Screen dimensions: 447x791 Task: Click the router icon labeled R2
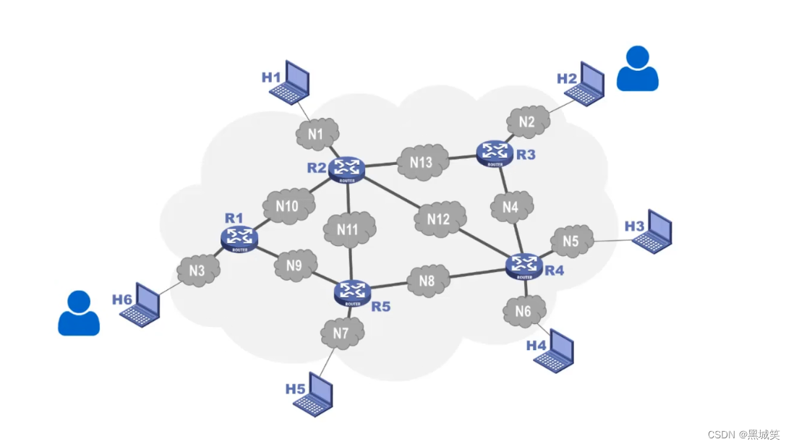click(x=346, y=168)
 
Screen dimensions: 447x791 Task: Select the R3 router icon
click(x=495, y=151)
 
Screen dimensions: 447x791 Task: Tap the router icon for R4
click(x=523, y=265)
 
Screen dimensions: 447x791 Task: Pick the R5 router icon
click(x=353, y=291)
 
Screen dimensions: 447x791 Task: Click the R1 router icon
click(x=239, y=237)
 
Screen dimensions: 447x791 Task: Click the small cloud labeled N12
click(x=438, y=219)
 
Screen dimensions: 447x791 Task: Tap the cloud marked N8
click(x=426, y=281)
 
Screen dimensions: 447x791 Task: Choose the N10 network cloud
click(x=287, y=206)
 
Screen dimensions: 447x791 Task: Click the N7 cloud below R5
click(x=341, y=333)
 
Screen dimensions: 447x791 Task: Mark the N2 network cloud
click(x=527, y=122)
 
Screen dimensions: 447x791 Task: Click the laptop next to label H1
click(x=293, y=83)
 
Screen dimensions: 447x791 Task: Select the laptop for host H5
click(x=315, y=394)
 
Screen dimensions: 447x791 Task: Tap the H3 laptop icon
click(x=654, y=232)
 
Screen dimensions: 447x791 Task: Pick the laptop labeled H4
click(x=555, y=352)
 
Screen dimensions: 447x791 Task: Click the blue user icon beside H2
click(x=637, y=69)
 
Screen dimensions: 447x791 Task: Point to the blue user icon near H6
click(x=78, y=313)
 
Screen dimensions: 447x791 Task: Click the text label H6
click(x=122, y=299)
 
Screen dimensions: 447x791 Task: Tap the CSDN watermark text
click(x=743, y=434)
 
